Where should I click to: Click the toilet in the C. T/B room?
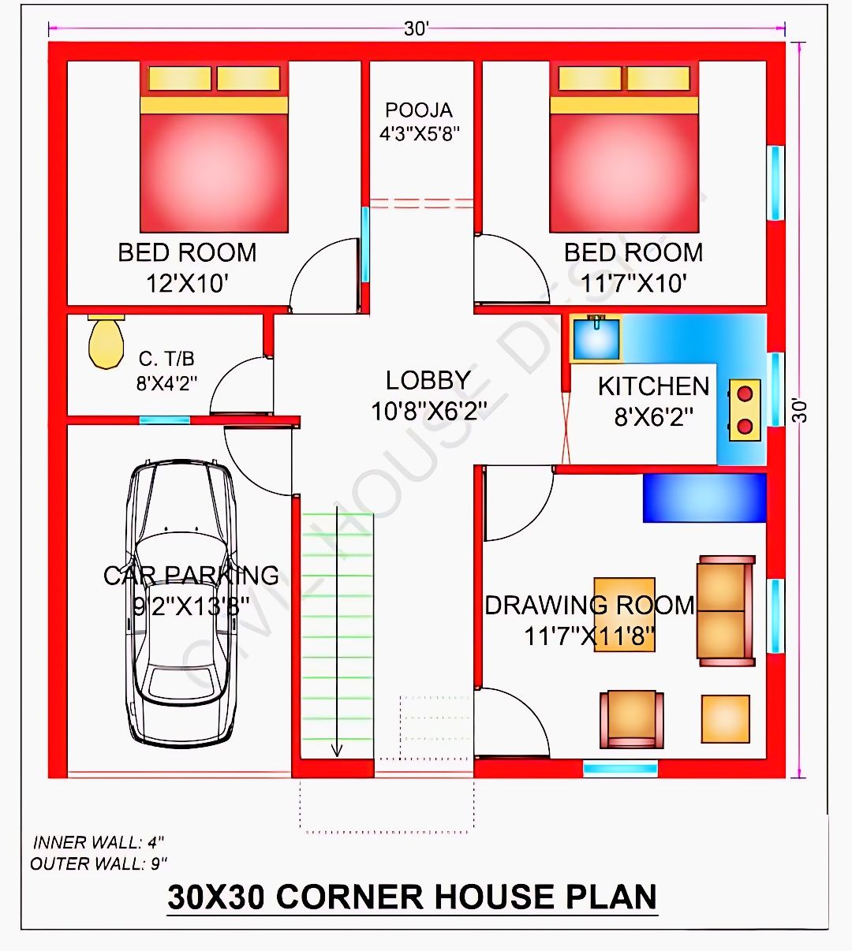[106, 341]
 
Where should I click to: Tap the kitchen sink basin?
[596, 339]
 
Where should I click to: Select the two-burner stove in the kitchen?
[745, 410]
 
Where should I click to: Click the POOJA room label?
[418, 110]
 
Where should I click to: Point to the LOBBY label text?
[428, 380]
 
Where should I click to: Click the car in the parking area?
[181, 603]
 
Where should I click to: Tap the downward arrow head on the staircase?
[337, 750]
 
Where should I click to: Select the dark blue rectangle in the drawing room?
[704, 498]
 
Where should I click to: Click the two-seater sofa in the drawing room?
[726, 610]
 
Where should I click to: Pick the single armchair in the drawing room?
[632, 719]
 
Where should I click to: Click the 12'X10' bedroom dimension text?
[188, 284]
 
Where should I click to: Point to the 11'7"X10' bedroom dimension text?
[633, 284]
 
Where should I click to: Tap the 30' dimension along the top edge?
[416, 29]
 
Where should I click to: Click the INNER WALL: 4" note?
[98, 842]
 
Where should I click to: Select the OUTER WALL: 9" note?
[99, 863]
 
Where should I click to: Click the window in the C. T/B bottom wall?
[164, 420]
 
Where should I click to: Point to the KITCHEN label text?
[653, 386]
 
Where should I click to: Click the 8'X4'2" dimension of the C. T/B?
[166, 383]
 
